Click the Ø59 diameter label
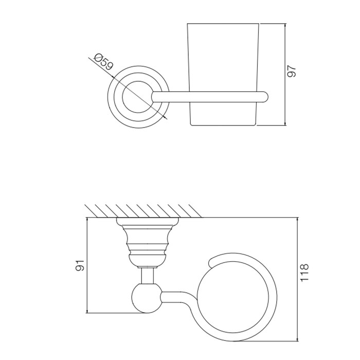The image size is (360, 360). pos(103,62)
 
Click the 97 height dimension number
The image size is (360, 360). pos(292,71)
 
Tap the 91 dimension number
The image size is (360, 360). pos(80,265)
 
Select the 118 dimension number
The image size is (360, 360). pos(304,273)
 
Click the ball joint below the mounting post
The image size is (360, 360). pos(147,298)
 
